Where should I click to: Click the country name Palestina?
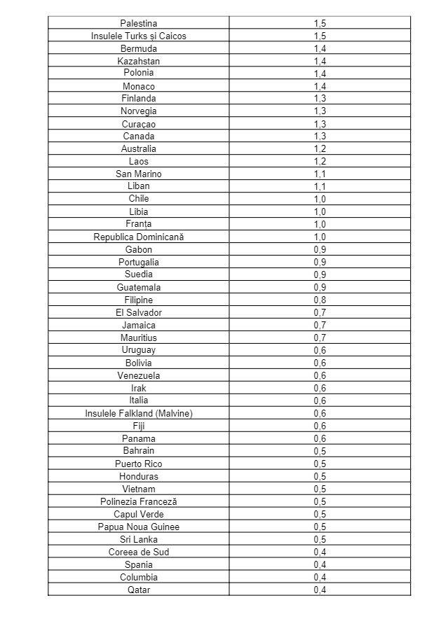coord(138,23)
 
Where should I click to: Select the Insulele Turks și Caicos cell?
coord(138,36)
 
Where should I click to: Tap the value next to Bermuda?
coord(320,48)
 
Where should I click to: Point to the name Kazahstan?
coord(138,61)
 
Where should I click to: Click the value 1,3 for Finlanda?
coord(320,99)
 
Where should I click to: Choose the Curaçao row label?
coord(138,124)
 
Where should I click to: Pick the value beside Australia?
coord(320,149)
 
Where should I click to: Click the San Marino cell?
coord(138,174)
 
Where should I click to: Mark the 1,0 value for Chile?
coord(320,199)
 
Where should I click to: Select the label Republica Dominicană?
coord(138,237)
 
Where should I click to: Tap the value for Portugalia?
coord(320,262)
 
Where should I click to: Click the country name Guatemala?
coord(138,287)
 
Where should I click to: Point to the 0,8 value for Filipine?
coord(320,300)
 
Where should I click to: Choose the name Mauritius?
coord(138,338)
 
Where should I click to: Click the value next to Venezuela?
coord(320,375)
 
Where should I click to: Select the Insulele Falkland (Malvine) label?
coord(138,413)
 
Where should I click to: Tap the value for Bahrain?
coord(320,451)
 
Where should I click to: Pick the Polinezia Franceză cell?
coord(138,501)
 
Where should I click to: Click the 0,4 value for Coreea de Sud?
coord(320,552)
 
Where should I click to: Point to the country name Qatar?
coord(138,590)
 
